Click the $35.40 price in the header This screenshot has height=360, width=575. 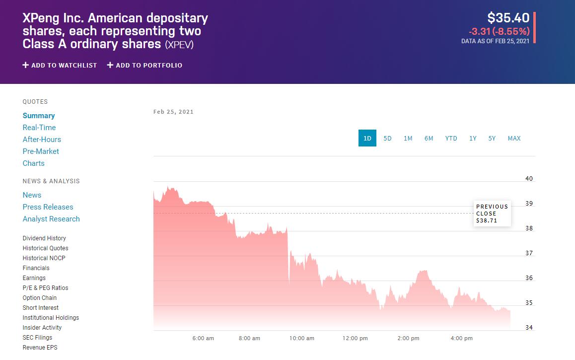point(508,18)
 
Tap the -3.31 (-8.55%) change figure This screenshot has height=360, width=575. point(499,31)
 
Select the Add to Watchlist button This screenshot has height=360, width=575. point(60,65)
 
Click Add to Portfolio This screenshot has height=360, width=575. point(144,65)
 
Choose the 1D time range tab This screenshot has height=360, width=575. point(367,138)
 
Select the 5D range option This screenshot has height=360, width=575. point(387,138)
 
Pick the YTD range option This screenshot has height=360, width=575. point(451,138)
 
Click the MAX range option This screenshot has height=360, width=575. point(514,138)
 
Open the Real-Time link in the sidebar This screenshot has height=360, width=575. point(39,128)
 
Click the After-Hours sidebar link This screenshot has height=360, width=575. point(42,140)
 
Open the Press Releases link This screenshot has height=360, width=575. point(48,207)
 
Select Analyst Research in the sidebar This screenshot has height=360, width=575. point(51,219)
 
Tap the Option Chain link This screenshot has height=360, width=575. point(40,298)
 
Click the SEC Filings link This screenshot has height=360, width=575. point(37,338)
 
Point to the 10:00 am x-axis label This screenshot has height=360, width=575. point(302,338)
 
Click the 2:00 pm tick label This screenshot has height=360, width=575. point(408,338)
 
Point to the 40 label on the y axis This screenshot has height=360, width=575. point(529,179)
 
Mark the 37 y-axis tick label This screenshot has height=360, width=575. point(529,253)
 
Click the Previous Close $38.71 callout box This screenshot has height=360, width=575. point(492,214)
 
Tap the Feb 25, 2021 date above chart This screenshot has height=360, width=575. point(173,112)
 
